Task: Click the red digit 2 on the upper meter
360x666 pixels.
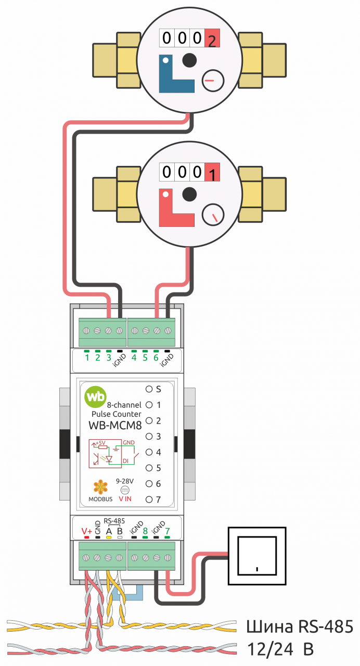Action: click(x=212, y=41)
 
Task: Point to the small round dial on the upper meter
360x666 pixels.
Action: click(x=213, y=80)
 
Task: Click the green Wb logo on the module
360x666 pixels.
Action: click(x=95, y=397)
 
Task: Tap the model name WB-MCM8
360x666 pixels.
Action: click(x=115, y=426)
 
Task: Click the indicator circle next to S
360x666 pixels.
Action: click(x=149, y=389)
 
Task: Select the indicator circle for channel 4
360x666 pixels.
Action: click(x=149, y=452)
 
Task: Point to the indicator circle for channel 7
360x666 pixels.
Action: click(x=149, y=499)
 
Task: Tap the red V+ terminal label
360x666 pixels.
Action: click(x=86, y=531)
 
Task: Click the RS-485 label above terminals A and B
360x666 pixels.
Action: click(x=114, y=521)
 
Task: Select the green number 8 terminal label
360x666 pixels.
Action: click(x=145, y=531)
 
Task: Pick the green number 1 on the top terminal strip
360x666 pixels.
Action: click(x=87, y=357)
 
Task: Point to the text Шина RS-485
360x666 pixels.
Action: click(x=300, y=626)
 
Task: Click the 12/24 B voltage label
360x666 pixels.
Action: click(x=280, y=649)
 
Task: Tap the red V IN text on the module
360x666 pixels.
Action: click(x=125, y=499)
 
